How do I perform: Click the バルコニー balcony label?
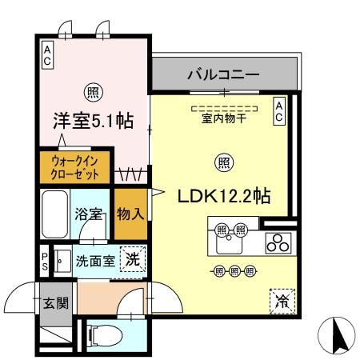click(x=224, y=75)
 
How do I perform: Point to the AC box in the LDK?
click(x=279, y=110)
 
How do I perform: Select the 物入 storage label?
click(x=130, y=214)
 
